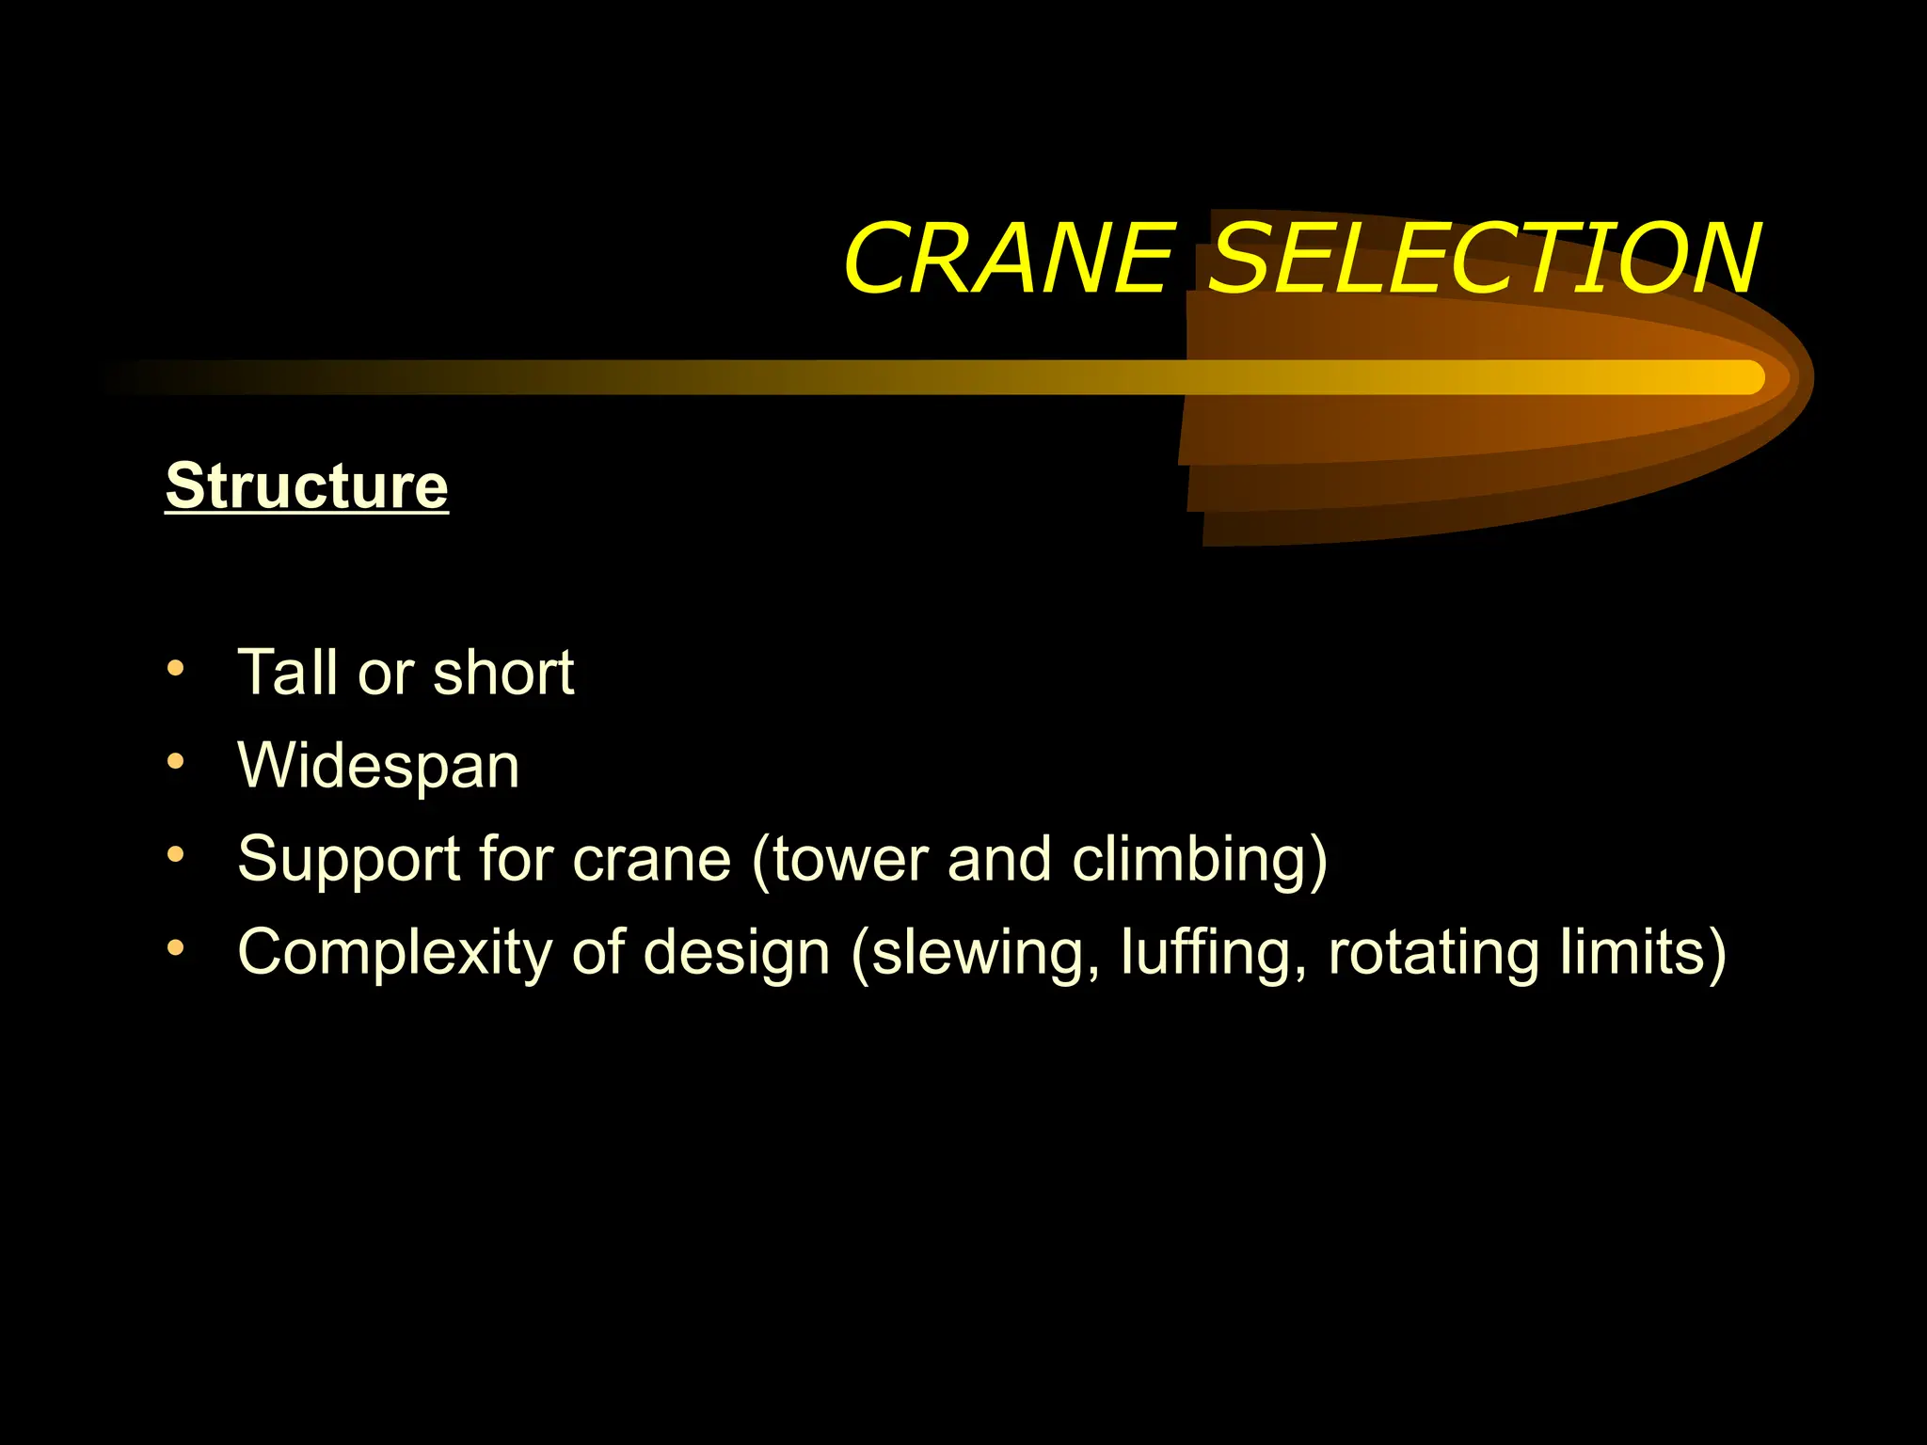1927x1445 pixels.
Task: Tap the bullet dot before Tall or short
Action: click(x=176, y=669)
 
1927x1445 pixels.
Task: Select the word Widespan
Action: click(x=378, y=765)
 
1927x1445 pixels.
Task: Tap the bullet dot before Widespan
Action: click(x=176, y=761)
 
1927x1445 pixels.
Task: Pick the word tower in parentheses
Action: click(x=848, y=859)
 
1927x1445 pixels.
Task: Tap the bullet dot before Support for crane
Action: click(x=176, y=854)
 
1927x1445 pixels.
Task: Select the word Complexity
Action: click(x=394, y=952)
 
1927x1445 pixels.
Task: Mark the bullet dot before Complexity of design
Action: click(x=176, y=948)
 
